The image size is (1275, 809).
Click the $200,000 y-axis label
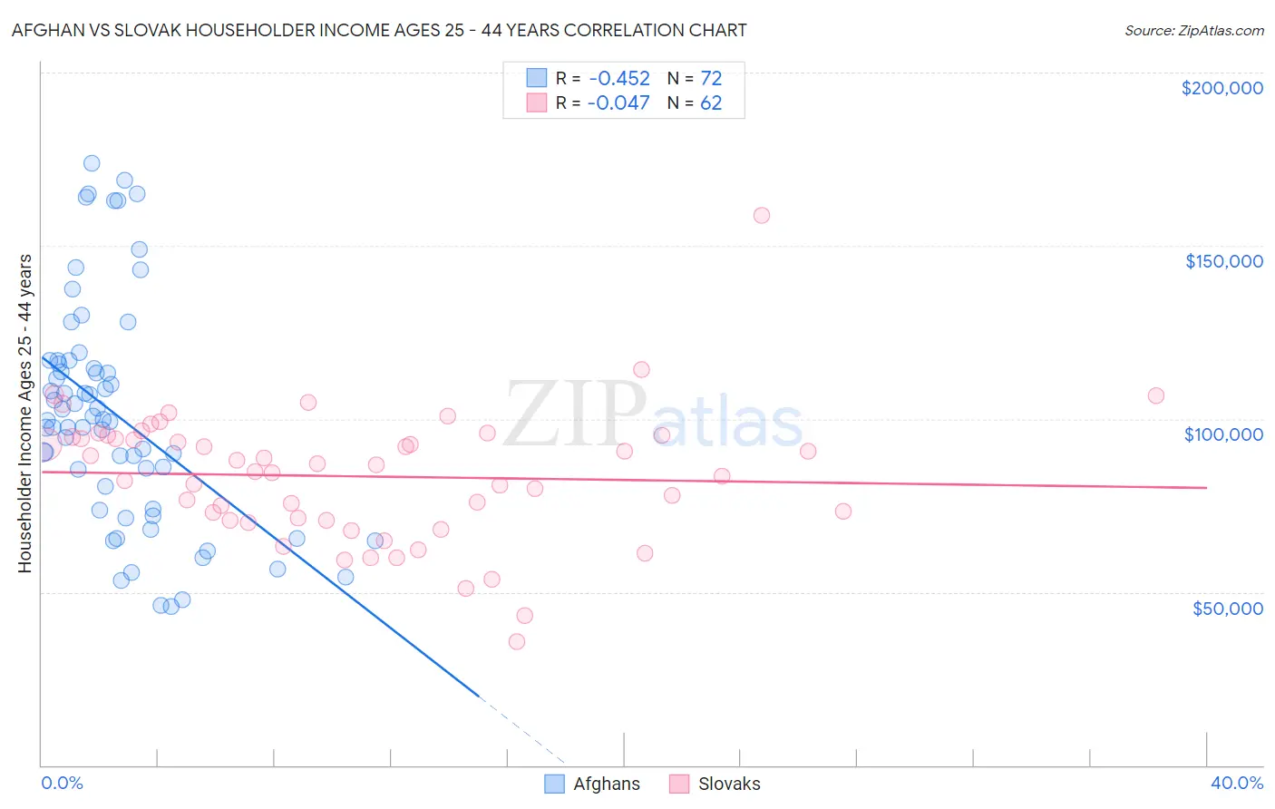pos(1221,88)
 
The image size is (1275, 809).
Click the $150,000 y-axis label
pos(1223,261)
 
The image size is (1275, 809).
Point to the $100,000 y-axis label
pos(1223,434)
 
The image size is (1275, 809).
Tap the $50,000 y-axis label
pos(1227,608)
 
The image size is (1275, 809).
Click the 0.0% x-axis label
pos(63,783)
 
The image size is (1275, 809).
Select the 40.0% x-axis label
pos(1237,783)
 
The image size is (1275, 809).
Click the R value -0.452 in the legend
pos(618,78)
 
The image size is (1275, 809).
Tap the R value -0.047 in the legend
pos(618,102)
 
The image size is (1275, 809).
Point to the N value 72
pos(711,78)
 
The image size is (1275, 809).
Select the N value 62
pos(711,102)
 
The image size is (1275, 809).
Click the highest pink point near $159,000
pos(762,215)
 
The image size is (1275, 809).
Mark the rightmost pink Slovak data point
pos(1155,395)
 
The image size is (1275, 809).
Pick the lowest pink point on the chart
pos(517,641)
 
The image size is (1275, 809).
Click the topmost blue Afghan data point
pos(92,163)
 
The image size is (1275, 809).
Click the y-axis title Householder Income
pos(24,414)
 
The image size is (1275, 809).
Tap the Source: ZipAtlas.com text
pos(1193,30)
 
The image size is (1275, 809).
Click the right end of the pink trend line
pos(1206,488)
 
